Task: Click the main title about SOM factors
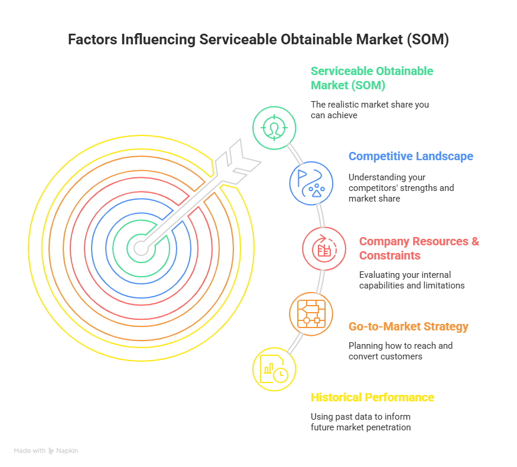tap(258, 40)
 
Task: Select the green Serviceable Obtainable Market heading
tap(372, 78)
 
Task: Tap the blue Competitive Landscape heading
tap(411, 157)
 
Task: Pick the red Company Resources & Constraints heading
tap(419, 248)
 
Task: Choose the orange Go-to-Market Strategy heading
tap(408, 327)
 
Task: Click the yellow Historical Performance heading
tap(372, 397)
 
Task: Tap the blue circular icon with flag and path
tap(311, 183)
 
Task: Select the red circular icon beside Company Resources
tap(324, 249)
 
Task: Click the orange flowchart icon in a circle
tap(311, 313)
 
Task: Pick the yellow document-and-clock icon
tap(274, 369)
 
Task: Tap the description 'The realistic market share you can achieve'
tap(369, 110)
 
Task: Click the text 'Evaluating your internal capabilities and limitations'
tap(412, 280)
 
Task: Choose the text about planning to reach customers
tap(400, 351)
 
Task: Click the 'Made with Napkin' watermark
tap(46, 451)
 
